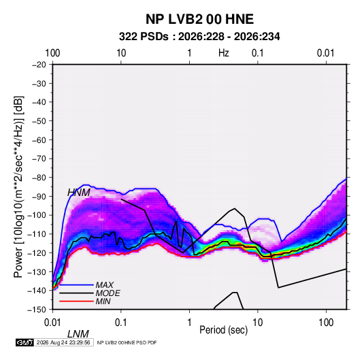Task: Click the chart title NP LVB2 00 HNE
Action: point(199,19)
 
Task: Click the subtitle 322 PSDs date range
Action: point(199,37)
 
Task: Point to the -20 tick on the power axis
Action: point(39,65)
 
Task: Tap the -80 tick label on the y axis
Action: point(39,178)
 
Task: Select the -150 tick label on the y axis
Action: point(37,310)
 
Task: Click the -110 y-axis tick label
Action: point(37,234)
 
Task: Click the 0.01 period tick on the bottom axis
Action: point(52,323)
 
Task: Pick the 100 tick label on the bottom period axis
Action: point(326,323)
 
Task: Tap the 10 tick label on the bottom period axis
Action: point(258,323)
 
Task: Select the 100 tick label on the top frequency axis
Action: point(52,53)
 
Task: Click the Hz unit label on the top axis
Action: point(224,53)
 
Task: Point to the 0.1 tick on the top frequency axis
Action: point(258,53)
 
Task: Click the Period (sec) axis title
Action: point(224,330)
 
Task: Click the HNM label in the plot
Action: point(79,193)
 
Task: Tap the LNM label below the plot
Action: point(78,334)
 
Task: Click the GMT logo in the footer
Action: point(24,342)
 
